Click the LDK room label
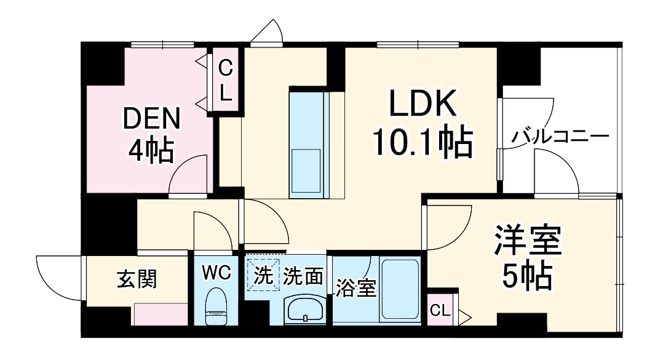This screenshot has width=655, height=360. tap(422, 104)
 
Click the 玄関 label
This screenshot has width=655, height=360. tap(137, 279)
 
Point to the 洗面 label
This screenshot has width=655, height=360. tap(303, 277)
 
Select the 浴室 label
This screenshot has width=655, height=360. tap(356, 288)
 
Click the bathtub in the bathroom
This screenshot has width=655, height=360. tap(400, 289)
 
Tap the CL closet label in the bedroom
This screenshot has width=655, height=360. tap(440, 311)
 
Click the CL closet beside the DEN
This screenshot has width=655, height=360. tap(226, 81)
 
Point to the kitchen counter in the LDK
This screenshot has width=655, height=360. tap(309, 145)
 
